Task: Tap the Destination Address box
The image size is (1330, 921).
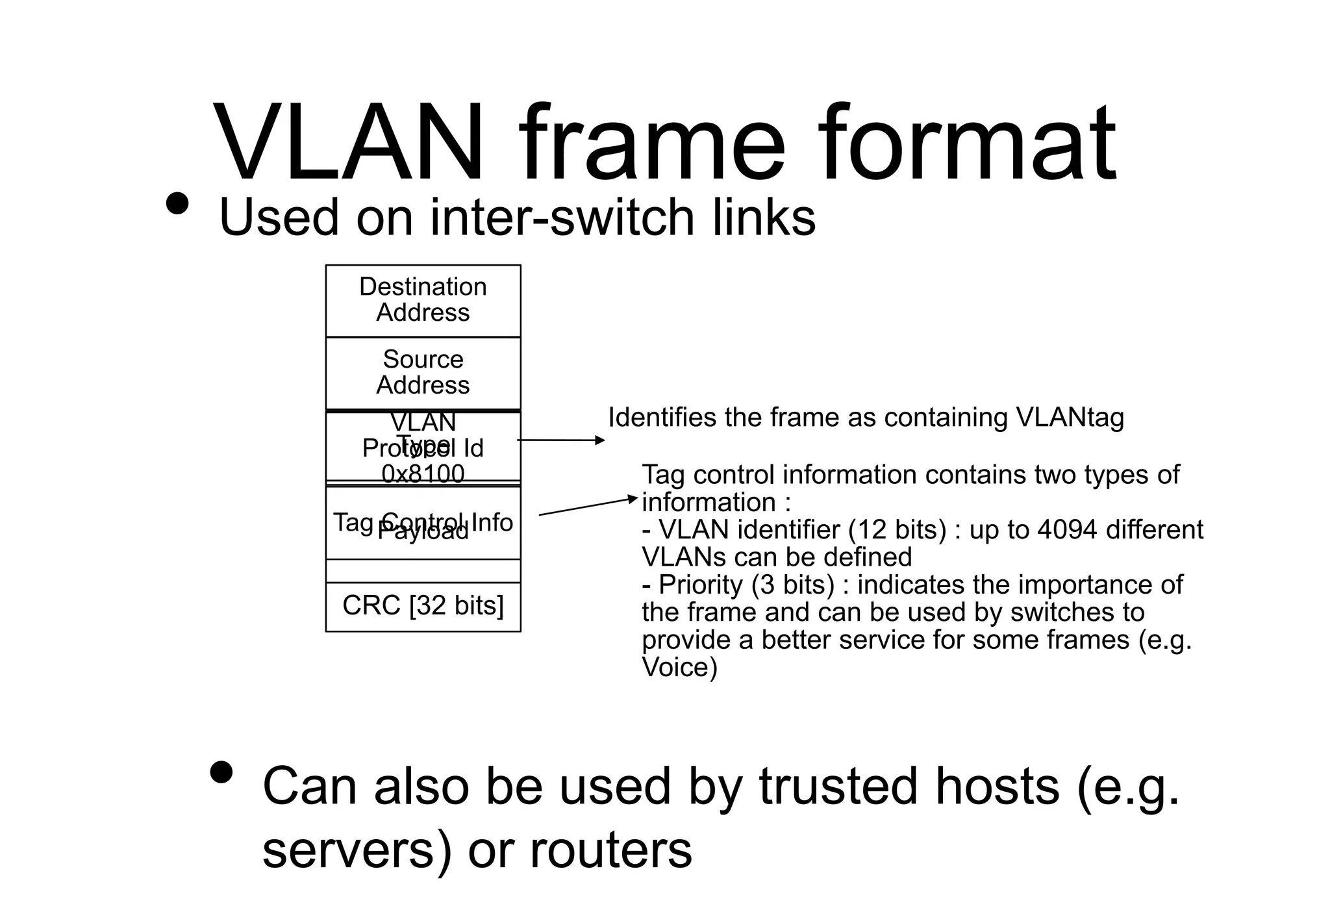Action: [423, 300]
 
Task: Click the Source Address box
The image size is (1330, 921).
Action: [423, 373]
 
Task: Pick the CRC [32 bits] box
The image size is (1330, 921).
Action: [423, 606]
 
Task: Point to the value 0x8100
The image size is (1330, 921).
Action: [423, 474]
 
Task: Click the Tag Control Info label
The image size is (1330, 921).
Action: [423, 521]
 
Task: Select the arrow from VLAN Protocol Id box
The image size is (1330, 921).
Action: [561, 440]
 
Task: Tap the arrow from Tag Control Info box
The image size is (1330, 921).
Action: [588, 507]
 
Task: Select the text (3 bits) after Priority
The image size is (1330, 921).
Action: [792, 585]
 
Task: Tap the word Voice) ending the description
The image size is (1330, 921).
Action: [679, 668]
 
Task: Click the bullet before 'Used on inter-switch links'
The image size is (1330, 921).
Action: [177, 204]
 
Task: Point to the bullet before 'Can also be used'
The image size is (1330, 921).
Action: [221, 773]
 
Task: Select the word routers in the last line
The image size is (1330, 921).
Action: [610, 850]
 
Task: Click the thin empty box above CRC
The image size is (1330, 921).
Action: [423, 571]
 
